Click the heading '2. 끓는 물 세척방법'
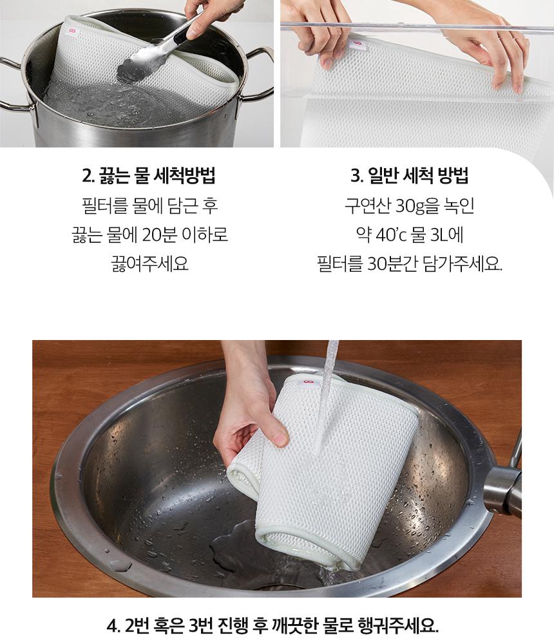[x=149, y=176]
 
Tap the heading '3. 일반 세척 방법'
[x=409, y=176]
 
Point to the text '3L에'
[x=446, y=234]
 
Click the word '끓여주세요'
[x=149, y=263]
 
